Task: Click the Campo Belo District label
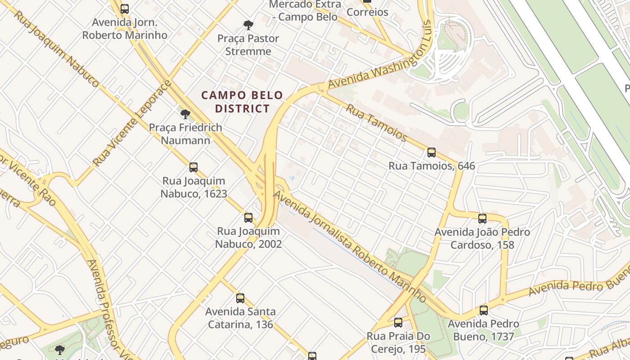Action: point(242,102)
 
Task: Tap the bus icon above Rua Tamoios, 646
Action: point(432,153)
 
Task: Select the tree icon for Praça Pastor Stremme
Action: point(248,25)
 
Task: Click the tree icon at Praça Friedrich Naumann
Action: point(185,114)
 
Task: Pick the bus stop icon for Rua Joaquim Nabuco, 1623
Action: point(193,167)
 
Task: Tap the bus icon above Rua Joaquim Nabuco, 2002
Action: point(248,218)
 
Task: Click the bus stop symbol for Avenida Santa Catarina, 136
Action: point(240,298)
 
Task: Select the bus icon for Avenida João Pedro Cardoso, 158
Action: point(482,219)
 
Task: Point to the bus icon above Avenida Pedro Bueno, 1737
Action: point(484,310)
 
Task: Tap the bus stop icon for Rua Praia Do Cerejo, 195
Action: point(398,322)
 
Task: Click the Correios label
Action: point(367,12)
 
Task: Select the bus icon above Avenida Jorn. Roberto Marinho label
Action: point(125,8)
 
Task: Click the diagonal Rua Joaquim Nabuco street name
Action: point(56,48)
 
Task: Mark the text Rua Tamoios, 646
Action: point(432,166)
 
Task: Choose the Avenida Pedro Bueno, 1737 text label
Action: point(483,330)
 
